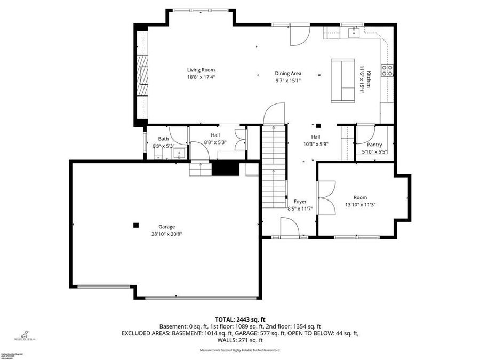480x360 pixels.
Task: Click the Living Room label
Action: tap(201, 70)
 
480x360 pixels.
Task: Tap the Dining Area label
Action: tap(288, 74)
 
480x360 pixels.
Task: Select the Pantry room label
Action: tap(374, 145)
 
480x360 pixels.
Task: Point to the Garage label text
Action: tap(166, 226)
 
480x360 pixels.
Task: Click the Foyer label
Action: tap(300, 202)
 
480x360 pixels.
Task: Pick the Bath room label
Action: tap(163, 139)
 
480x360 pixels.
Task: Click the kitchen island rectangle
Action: tap(343, 80)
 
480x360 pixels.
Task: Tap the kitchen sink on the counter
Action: tap(353, 33)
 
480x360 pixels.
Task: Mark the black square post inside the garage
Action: tap(136, 225)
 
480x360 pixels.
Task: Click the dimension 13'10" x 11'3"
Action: tap(360, 204)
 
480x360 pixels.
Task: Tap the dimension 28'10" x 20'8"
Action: tap(166, 233)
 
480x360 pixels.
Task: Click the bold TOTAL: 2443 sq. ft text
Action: tap(239, 318)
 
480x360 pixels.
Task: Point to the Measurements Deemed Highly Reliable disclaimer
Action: tap(239, 350)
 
